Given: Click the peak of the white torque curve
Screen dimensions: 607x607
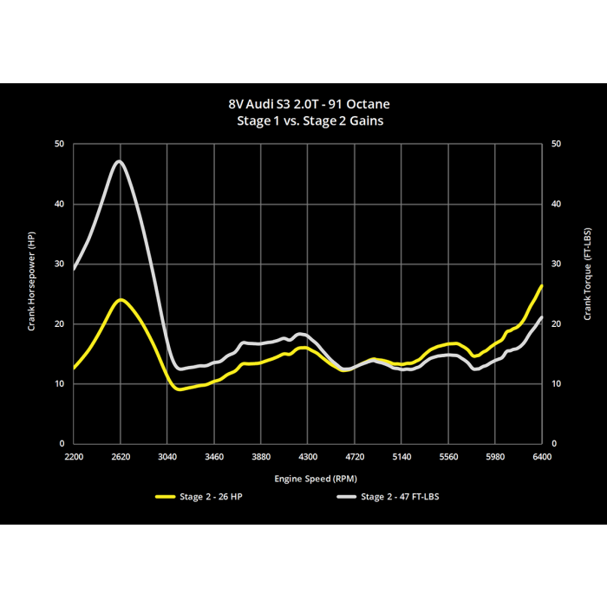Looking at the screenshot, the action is point(120,161).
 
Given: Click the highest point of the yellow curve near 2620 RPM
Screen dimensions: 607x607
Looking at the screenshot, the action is point(121,300).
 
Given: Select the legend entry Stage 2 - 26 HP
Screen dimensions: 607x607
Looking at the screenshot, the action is point(199,497).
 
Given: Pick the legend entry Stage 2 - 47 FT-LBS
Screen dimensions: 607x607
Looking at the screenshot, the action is point(388,497).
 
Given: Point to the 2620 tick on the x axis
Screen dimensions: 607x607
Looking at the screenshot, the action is point(121,457).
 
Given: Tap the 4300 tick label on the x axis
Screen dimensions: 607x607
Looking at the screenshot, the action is point(308,457).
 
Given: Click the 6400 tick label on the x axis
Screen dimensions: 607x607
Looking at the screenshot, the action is point(542,457).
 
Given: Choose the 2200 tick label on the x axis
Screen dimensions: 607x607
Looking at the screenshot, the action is point(74,457).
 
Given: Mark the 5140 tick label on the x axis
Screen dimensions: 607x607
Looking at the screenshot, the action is point(401,457).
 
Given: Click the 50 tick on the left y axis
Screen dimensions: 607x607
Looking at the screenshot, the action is point(59,144).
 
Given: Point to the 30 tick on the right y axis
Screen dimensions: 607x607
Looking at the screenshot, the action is point(556,264).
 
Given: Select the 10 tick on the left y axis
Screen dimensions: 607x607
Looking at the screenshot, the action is point(59,384).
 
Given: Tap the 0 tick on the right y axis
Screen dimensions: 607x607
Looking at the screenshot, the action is point(554,444).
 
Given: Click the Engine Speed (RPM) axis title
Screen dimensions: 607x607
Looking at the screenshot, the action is point(316,479).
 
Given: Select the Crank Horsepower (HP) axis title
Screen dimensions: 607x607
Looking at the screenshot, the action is point(31,282).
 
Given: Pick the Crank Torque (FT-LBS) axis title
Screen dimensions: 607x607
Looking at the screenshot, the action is point(587,274).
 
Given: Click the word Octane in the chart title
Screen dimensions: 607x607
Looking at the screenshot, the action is point(368,104).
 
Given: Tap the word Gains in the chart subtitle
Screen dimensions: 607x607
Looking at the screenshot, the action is point(366,121).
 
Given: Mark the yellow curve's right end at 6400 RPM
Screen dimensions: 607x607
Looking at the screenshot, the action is point(542,285).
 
